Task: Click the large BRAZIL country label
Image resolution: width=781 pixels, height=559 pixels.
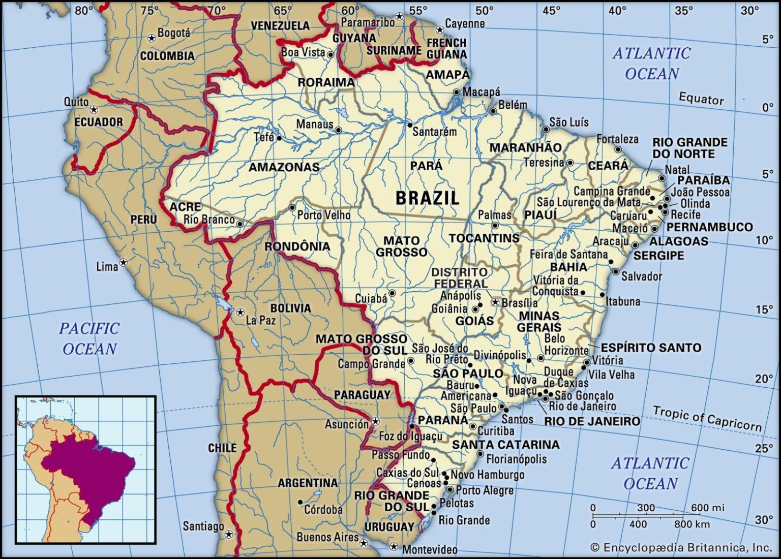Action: coord(427,198)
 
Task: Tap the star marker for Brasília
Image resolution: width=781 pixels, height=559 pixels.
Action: coord(495,302)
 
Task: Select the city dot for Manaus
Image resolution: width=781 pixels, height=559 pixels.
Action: coord(339,130)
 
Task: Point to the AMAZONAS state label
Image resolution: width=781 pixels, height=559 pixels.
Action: coord(284,167)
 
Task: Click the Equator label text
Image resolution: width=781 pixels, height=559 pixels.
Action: coord(701,99)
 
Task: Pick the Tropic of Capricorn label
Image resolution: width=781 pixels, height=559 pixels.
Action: coord(707,418)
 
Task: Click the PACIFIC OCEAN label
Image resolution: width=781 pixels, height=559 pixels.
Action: coord(89,338)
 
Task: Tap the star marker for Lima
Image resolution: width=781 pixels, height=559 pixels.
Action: coord(123,263)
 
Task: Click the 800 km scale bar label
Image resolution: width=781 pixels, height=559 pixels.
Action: coord(692,524)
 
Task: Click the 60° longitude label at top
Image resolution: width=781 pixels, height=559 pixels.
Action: coord(350,11)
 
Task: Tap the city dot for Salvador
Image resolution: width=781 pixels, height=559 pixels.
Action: coord(616,271)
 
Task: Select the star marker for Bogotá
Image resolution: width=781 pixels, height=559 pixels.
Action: coord(151,38)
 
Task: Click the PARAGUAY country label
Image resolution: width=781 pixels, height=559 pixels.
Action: coord(362,395)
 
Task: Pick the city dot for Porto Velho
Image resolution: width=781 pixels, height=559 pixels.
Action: coord(292,208)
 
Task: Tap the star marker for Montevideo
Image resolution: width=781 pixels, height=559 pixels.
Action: coord(394,547)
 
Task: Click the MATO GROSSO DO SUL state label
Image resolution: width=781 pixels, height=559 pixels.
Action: coord(362,345)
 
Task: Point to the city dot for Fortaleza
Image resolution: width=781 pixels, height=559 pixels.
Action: coord(618,149)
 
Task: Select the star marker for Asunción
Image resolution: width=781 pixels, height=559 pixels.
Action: coord(376,421)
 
